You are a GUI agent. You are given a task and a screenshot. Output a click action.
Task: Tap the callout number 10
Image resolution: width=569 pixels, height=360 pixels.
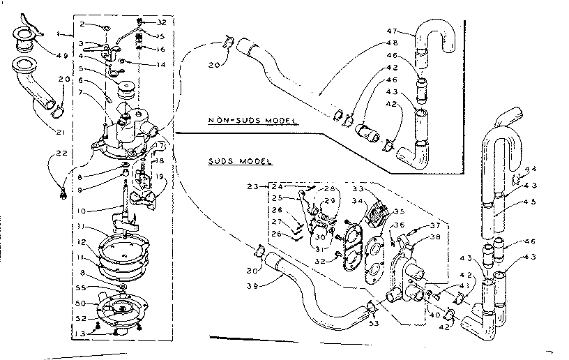(x=82, y=210)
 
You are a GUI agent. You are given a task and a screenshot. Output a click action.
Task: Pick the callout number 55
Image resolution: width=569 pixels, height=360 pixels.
(x=82, y=287)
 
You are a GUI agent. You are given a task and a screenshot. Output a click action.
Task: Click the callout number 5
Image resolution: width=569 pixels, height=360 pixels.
(x=82, y=68)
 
